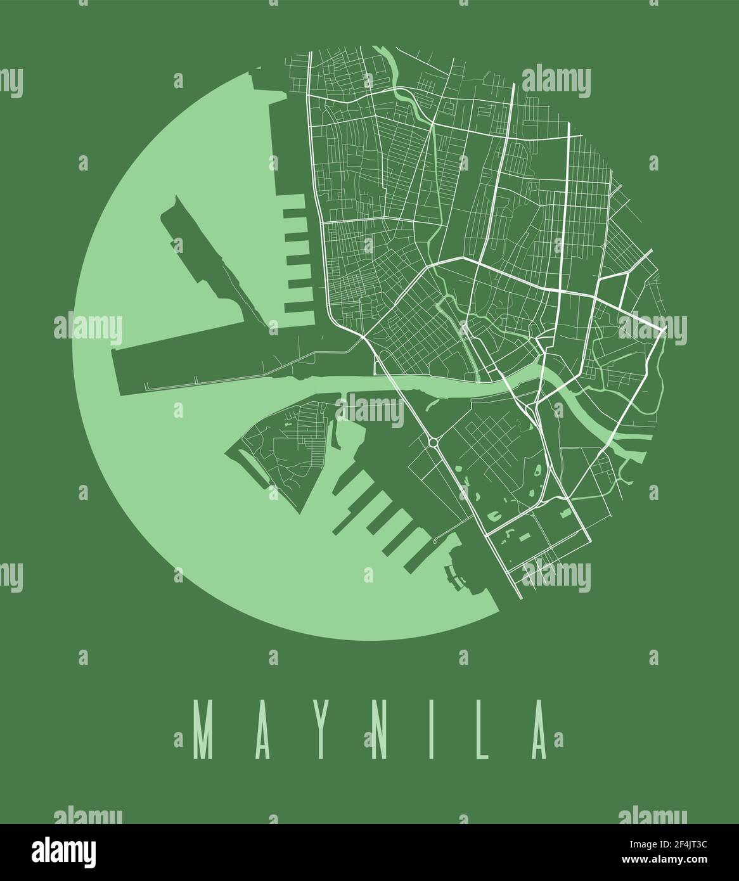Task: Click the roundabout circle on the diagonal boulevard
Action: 434,442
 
